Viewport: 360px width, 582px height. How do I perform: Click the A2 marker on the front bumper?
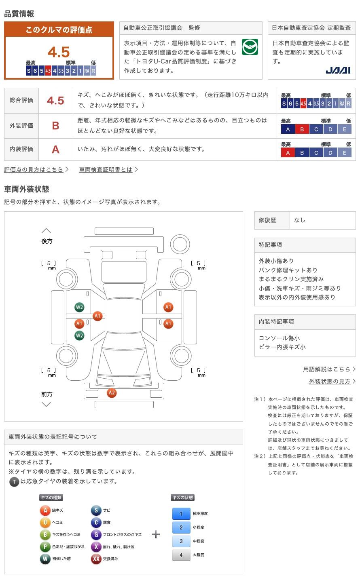(x=112, y=392)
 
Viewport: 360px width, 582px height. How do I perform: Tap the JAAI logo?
(x=338, y=71)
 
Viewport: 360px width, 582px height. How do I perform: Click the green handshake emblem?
(x=250, y=47)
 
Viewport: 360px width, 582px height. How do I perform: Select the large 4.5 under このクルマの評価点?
(x=59, y=52)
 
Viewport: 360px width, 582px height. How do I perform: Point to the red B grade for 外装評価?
(x=55, y=126)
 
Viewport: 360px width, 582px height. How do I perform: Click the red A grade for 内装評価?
(x=55, y=150)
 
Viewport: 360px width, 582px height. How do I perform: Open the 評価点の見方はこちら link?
(x=34, y=170)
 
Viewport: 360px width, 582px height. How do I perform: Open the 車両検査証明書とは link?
(x=106, y=170)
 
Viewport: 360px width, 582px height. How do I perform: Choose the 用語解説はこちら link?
(x=326, y=369)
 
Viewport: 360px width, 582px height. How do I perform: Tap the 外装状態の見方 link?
(x=330, y=382)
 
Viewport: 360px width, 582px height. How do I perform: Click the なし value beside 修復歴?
(x=299, y=220)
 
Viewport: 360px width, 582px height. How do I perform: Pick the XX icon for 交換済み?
(x=96, y=559)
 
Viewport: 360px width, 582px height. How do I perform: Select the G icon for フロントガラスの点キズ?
(x=96, y=535)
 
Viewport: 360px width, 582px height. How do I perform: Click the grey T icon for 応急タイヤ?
(x=14, y=482)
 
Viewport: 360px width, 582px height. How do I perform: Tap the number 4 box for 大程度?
(x=181, y=555)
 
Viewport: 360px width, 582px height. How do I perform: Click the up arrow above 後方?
(x=47, y=231)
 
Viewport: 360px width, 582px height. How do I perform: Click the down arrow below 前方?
(x=47, y=404)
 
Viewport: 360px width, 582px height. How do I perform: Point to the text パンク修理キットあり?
(x=288, y=270)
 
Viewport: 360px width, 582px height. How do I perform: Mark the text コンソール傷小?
(x=280, y=338)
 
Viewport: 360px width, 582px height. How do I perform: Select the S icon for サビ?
(x=96, y=510)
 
